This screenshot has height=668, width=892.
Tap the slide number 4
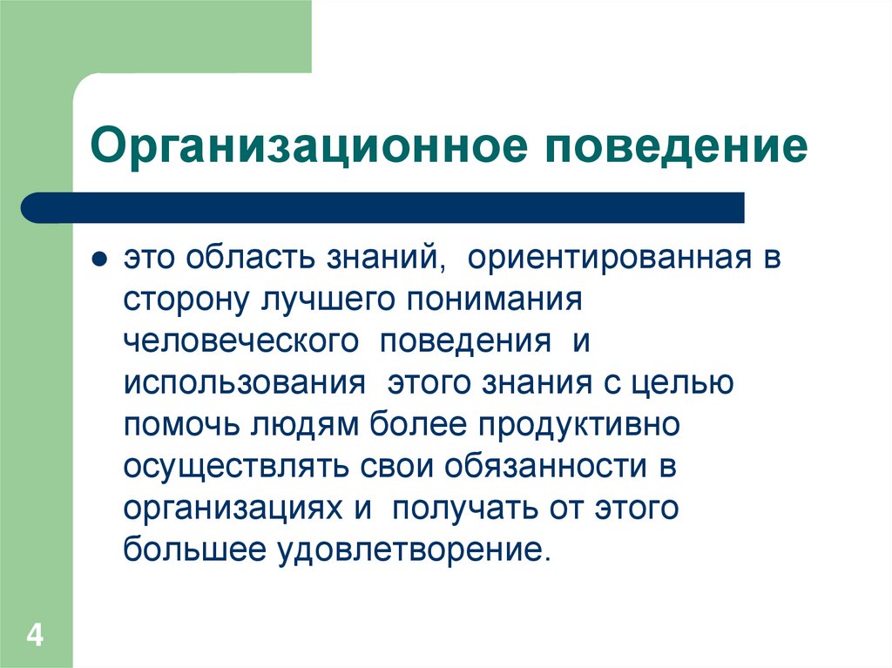(x=35, y=634)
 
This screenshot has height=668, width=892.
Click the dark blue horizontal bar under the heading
(x=383, y=207)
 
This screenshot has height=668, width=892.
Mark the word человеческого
(x=240, y=341)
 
